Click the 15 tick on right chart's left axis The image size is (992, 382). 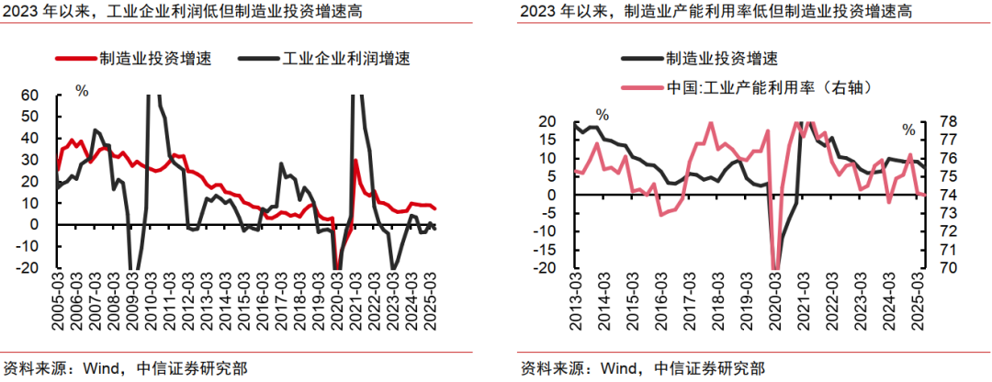547,140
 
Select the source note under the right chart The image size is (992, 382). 643,368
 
